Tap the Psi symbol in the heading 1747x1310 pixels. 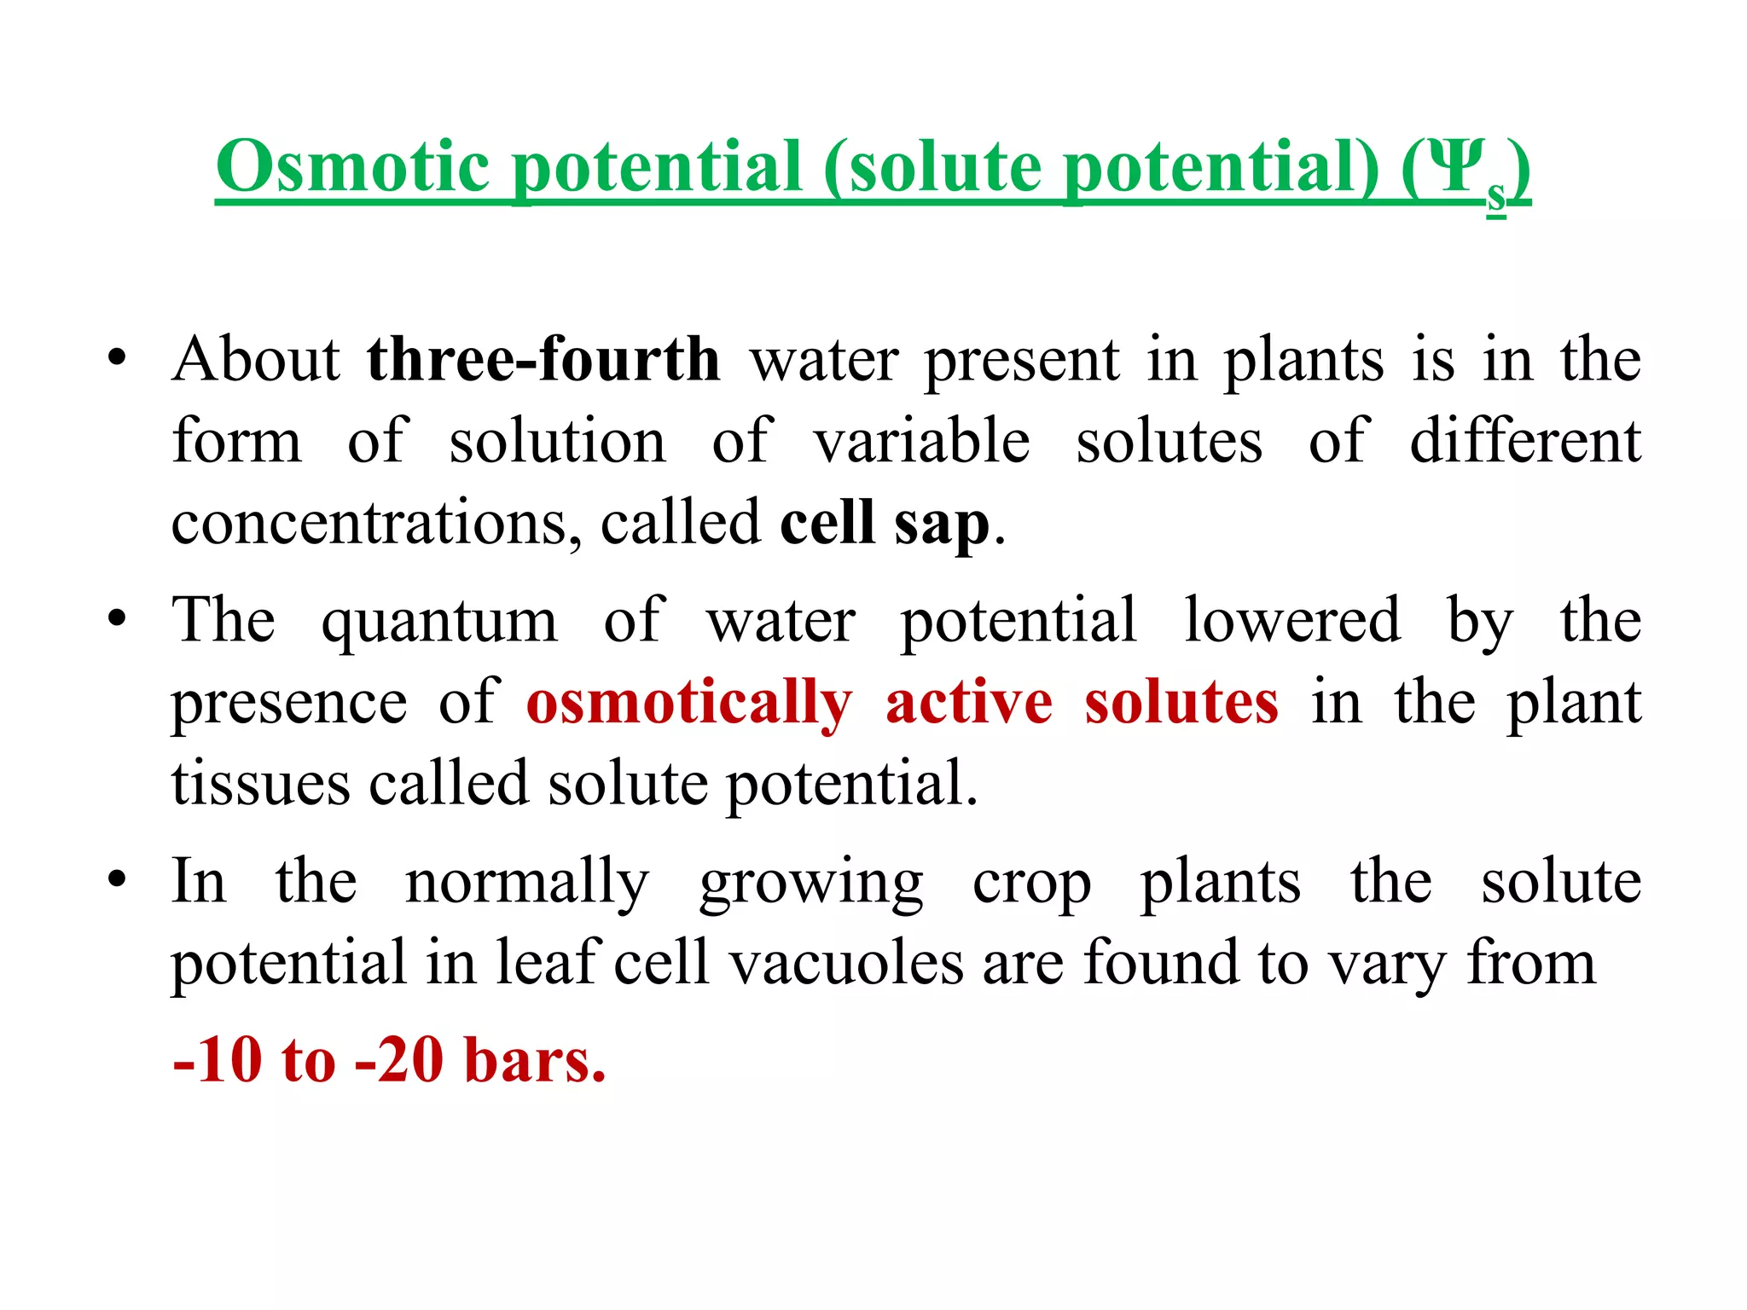click(x=1454, y=167)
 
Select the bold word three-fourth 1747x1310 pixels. click(x=543, y=359)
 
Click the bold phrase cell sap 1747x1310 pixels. click(x=885, y=522)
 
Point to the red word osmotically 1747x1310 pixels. click(x=689, y=703)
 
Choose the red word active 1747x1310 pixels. click(x=969, y=703)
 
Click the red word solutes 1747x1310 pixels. click(x=1181, y=703)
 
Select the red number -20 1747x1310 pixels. click(x=399, y=1060)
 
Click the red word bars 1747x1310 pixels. click(x=535, y=1060)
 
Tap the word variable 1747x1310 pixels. click(x=922, y=442)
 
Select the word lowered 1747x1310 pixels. click(x=1291, y=620)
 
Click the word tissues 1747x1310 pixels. click(x=260, y=784)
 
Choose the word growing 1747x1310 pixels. click(x=811, y=884)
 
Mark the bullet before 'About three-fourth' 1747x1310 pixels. click(x=117, y=358)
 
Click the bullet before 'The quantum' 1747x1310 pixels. click(x=117, y=618)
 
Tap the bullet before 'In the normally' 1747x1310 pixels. click(x=117, y=879)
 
